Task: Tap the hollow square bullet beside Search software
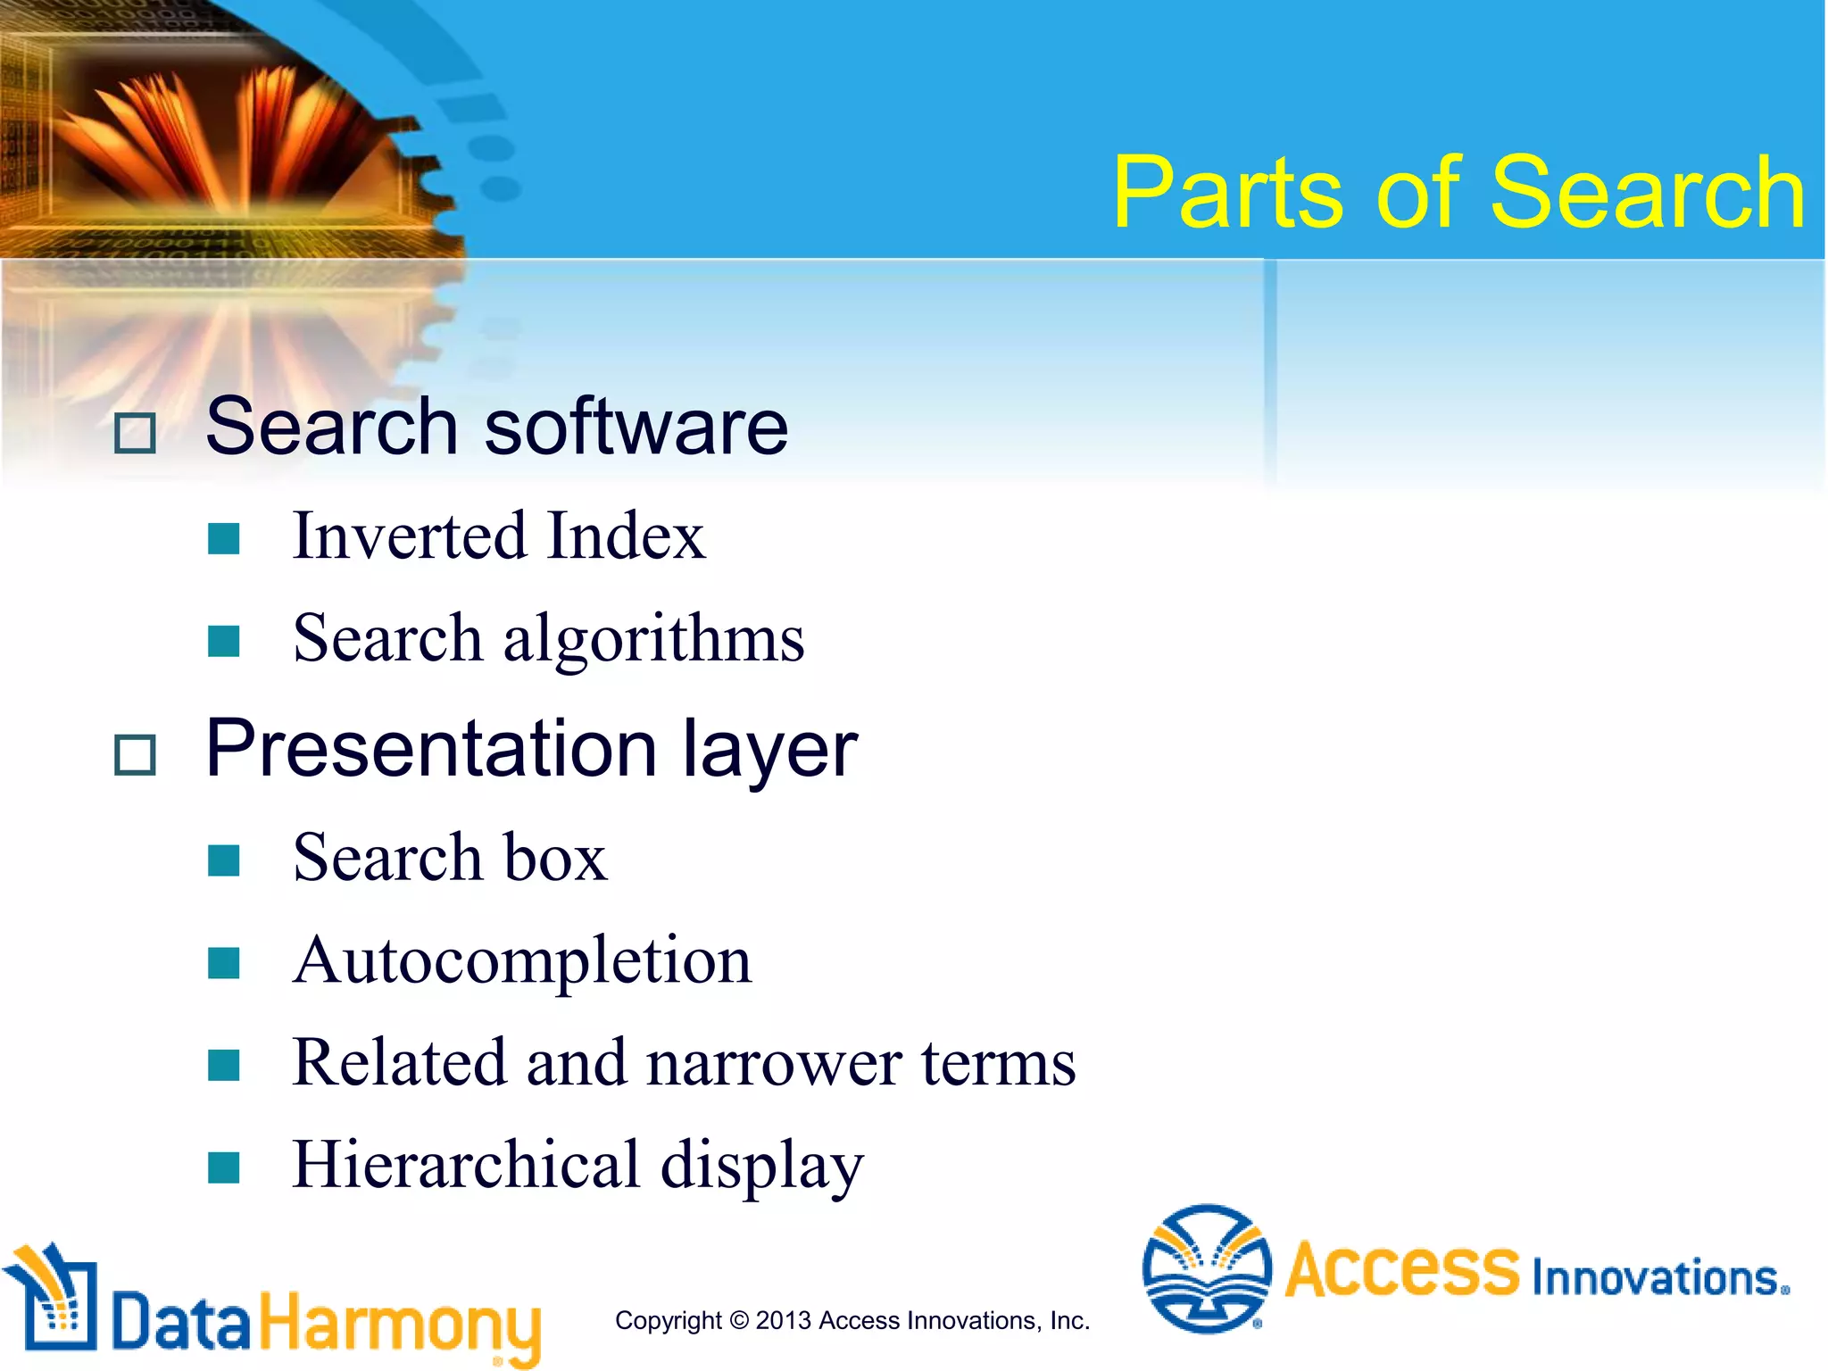[x=136, y=433]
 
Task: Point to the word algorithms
[x=653, y=640]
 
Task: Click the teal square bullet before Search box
[x=223, y=860]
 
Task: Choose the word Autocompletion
[x=522, y=960]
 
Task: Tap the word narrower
[x=774, y=1063]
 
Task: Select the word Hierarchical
[x=466, y=1165]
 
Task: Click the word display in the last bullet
[x=761, y=1167]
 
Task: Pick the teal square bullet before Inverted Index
[x=223, y=538]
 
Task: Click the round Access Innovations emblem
[x=1207, y=1268]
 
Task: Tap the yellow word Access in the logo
[x=1401, y=1269]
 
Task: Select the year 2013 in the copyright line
[x=783, y=1320]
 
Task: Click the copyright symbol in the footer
[x=739, y=1320]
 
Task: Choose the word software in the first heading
[x=636, y=427]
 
